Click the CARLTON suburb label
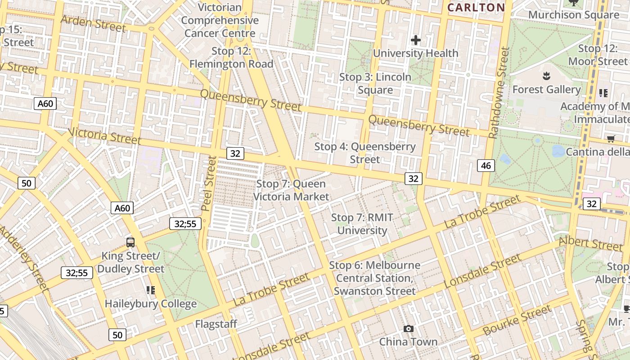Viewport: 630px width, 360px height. pos(476,7)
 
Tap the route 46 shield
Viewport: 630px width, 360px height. pos(486,166)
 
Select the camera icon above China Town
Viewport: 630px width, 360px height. pos(408,329)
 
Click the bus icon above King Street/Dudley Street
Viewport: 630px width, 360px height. pos(130,243)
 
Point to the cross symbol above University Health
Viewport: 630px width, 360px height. pos(416,40)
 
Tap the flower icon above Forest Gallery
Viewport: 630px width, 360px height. pos(546,76)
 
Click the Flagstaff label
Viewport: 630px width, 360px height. pos(216,324)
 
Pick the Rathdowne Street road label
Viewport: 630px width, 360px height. pos(499,93)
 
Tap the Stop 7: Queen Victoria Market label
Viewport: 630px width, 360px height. pos(291,190)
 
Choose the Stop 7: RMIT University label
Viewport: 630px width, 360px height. pos(362,224)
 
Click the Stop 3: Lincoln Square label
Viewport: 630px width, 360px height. pos(375,83)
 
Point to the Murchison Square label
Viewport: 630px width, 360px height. pos(574,15)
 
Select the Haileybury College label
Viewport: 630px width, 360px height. pos(151,304)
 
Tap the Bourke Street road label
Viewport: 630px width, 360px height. pos(517,320)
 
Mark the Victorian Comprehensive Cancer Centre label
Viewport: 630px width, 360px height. pos(220,20)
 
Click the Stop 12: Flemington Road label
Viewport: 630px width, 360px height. pos(231,58)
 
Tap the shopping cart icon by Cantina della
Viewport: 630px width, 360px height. pos(611,139)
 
